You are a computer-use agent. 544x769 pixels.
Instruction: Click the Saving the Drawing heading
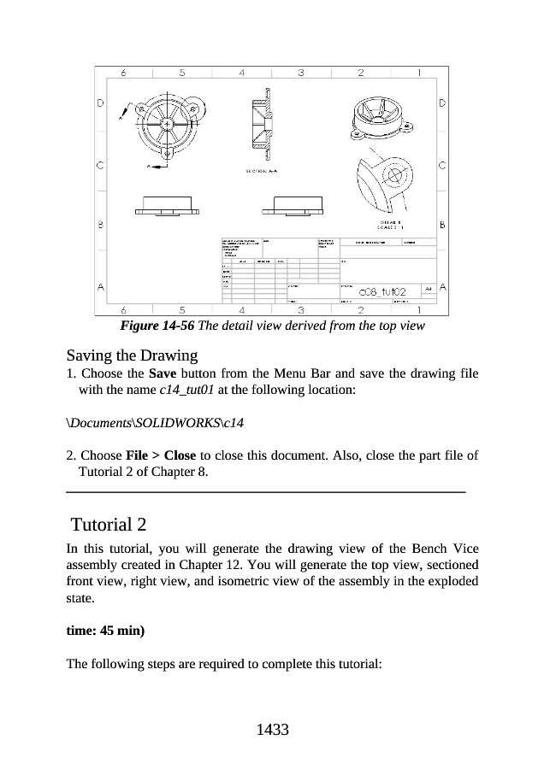[132, 355]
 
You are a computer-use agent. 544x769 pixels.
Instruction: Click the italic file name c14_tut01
[188, 390]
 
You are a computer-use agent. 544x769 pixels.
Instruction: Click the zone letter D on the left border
[101, 103]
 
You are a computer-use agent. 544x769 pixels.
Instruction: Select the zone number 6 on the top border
[125, 73]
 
